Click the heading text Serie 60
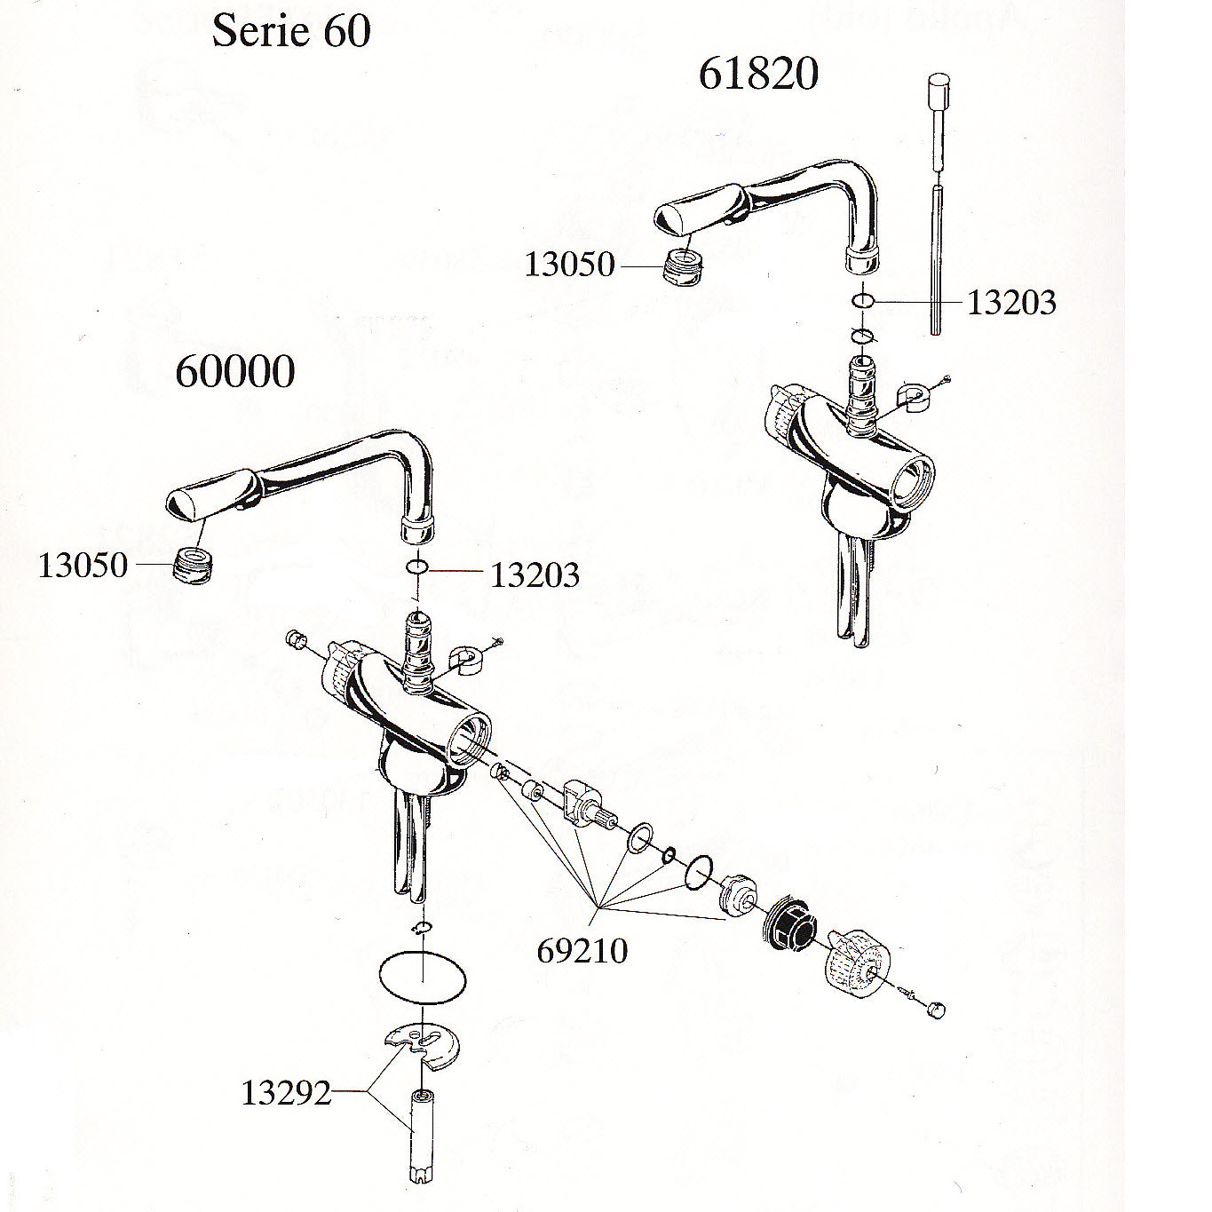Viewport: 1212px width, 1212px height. [291, 31]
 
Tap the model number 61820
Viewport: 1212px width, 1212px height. [758, 75]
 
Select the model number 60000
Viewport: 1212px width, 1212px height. [234, 372]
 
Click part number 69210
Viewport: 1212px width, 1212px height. [582, 950]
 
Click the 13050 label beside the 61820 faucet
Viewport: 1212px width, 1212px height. [569, 265]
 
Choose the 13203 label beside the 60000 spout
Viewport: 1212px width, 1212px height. [535, 574]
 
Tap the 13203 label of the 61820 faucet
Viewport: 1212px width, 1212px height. [1011, 303]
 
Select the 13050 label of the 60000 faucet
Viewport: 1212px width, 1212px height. [83, 566]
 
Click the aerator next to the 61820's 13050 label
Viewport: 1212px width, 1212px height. [683, 266]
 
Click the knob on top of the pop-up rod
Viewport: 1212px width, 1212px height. [939, 91]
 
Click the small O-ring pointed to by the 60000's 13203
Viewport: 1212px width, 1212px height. [417, 568]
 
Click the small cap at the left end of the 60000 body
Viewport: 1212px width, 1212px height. [295, 638]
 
